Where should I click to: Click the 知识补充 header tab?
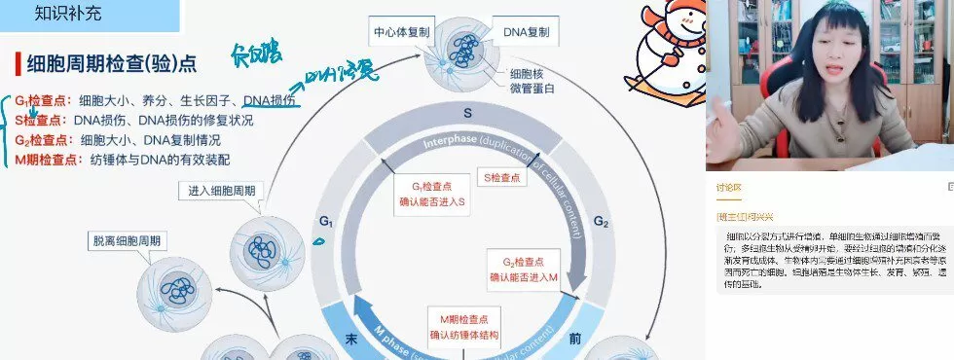67,14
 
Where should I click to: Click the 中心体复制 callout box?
405,32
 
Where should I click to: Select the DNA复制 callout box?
526,32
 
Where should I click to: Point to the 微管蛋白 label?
532,90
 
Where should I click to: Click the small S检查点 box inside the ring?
504,178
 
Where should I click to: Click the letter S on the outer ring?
467,113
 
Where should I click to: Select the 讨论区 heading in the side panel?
729,188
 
